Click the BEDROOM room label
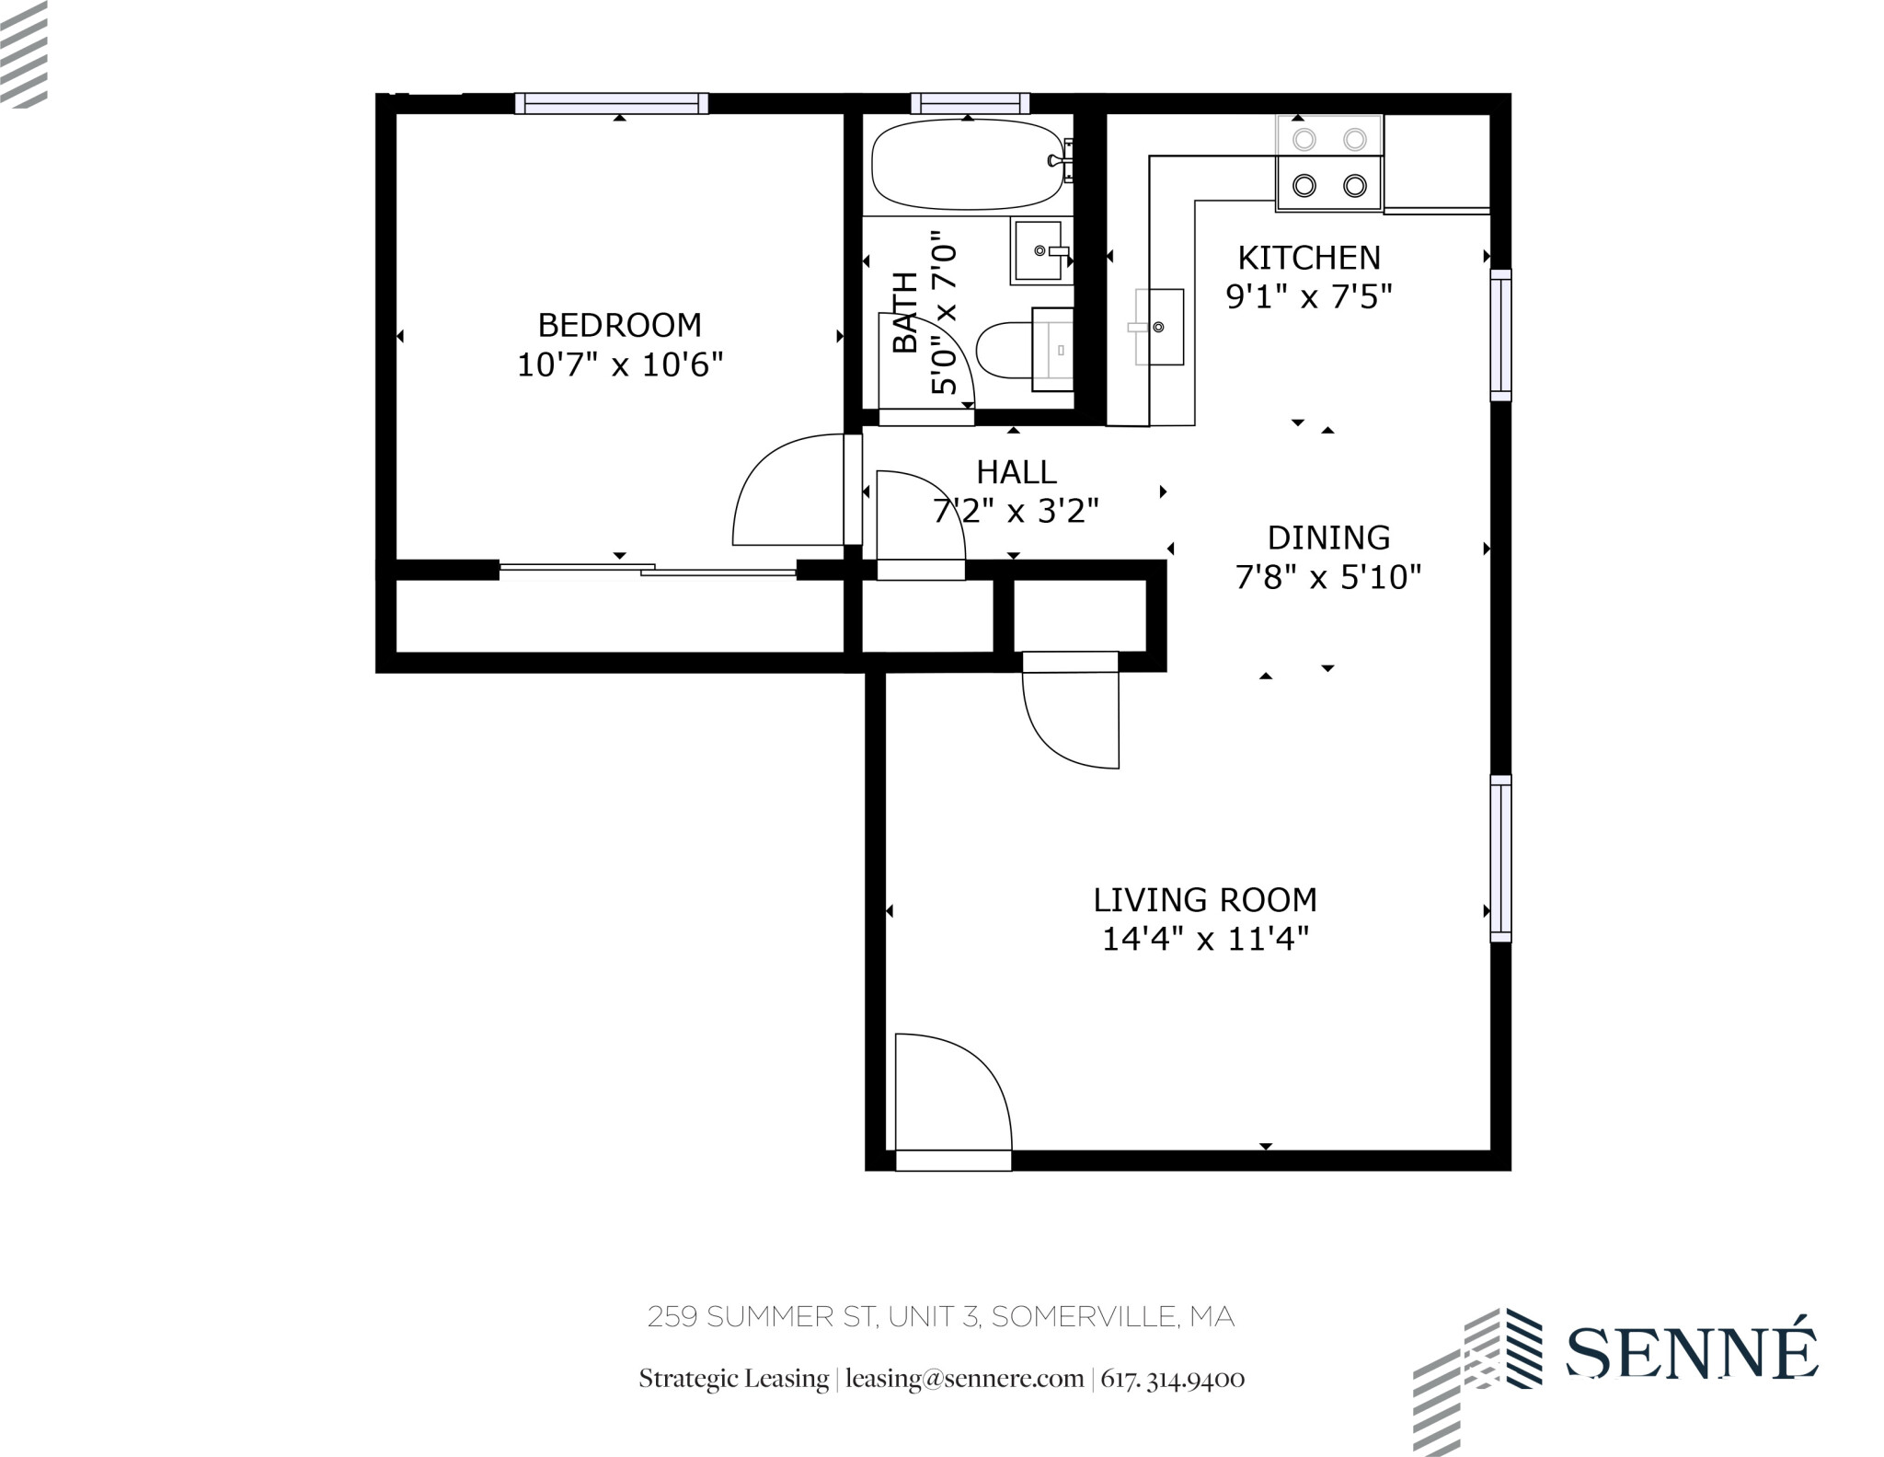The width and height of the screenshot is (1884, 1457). (619, 325)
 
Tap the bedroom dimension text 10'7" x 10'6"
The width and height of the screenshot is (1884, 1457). (619, 365)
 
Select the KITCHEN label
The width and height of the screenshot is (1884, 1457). (1308, 258)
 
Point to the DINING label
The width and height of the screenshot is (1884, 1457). (1328, 538)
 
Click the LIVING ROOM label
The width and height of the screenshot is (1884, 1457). (1204, 899)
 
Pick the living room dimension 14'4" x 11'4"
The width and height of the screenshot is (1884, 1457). (1204, 940)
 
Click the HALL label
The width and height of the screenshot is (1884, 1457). (1016, 472)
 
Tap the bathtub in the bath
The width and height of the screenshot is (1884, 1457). (966, 165)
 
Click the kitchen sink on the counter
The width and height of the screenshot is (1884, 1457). (1159, 327)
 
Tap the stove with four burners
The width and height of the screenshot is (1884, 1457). (1328, 163)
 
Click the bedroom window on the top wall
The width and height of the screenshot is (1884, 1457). (611, 103)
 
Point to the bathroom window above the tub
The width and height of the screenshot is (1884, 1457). (970, 103)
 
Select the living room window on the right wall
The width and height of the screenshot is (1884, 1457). (1500, 858)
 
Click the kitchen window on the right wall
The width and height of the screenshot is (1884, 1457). (1500, 335)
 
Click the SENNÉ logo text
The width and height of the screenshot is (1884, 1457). (1691, 1353)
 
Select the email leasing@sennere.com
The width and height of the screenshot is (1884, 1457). (964, 1379)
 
